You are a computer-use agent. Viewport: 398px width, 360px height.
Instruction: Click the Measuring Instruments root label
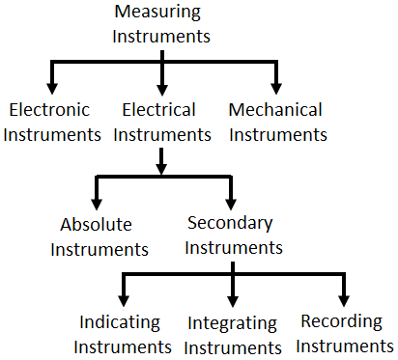(160, 24)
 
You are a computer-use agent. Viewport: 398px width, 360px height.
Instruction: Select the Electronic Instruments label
(54, 122)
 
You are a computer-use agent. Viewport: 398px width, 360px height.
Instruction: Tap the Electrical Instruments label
(160, 122)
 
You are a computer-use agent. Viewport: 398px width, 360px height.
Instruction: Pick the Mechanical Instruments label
(275, 122)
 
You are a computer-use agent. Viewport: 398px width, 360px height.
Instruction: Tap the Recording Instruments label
(346, 333)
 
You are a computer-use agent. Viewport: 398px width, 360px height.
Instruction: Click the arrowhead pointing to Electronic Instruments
(45, 85)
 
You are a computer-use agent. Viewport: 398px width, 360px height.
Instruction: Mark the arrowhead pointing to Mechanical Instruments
(276, 85)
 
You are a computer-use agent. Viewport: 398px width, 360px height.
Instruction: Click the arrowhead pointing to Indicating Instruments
(123, 296)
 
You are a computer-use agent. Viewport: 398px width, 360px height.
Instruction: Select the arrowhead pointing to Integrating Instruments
(233, 297)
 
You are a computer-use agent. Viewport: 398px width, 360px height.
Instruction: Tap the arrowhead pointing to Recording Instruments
(342, 296)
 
